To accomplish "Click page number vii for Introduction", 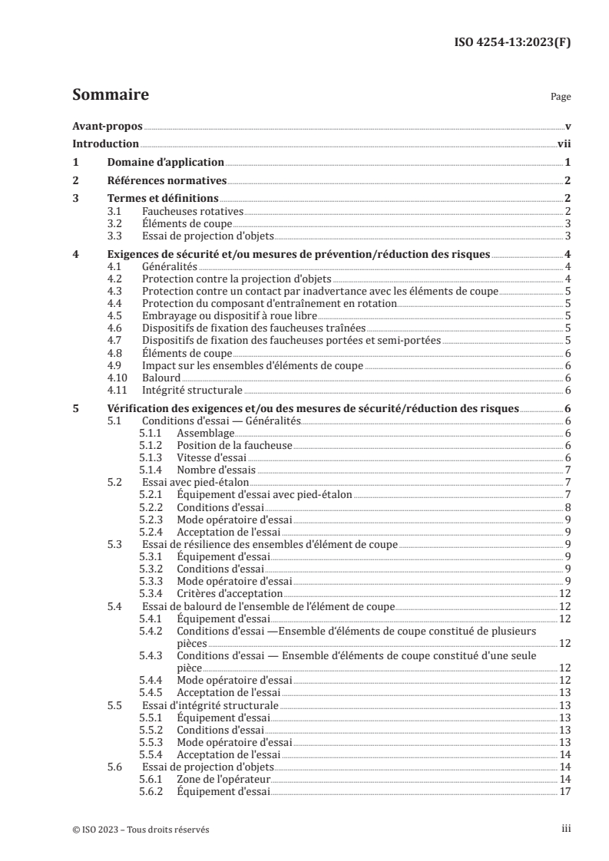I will tap(563, 144).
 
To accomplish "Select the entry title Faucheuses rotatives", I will tap(193, 211).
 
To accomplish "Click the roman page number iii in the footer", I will tap(567, 829).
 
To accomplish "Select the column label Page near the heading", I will tap(561, 97).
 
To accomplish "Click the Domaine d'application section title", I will tap(164, 163).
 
